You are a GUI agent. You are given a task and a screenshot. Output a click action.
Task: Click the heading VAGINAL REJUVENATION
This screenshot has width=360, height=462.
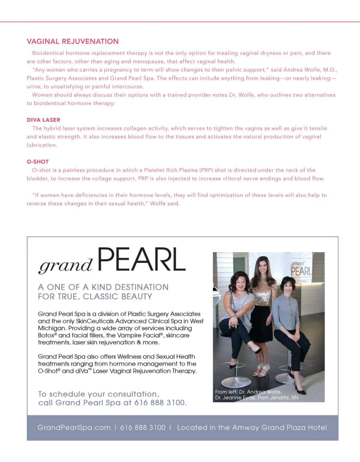73,41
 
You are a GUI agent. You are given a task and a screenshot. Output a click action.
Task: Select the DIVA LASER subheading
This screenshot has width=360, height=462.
43,120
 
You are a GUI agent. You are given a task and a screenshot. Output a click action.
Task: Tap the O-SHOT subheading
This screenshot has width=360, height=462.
38,162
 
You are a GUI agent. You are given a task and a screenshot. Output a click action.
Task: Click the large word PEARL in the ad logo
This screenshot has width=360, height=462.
141,260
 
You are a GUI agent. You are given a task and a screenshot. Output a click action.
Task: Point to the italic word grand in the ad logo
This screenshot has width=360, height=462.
65,265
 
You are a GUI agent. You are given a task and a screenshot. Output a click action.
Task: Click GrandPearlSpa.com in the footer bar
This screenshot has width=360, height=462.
74,427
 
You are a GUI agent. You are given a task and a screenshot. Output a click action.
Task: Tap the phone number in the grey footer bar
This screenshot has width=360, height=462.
143,427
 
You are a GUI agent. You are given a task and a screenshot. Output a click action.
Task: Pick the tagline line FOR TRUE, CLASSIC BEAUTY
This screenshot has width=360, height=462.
95,297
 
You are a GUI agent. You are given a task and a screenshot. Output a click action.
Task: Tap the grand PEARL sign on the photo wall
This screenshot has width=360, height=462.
301,269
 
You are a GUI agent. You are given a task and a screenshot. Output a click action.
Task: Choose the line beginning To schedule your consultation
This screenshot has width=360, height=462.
99,394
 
